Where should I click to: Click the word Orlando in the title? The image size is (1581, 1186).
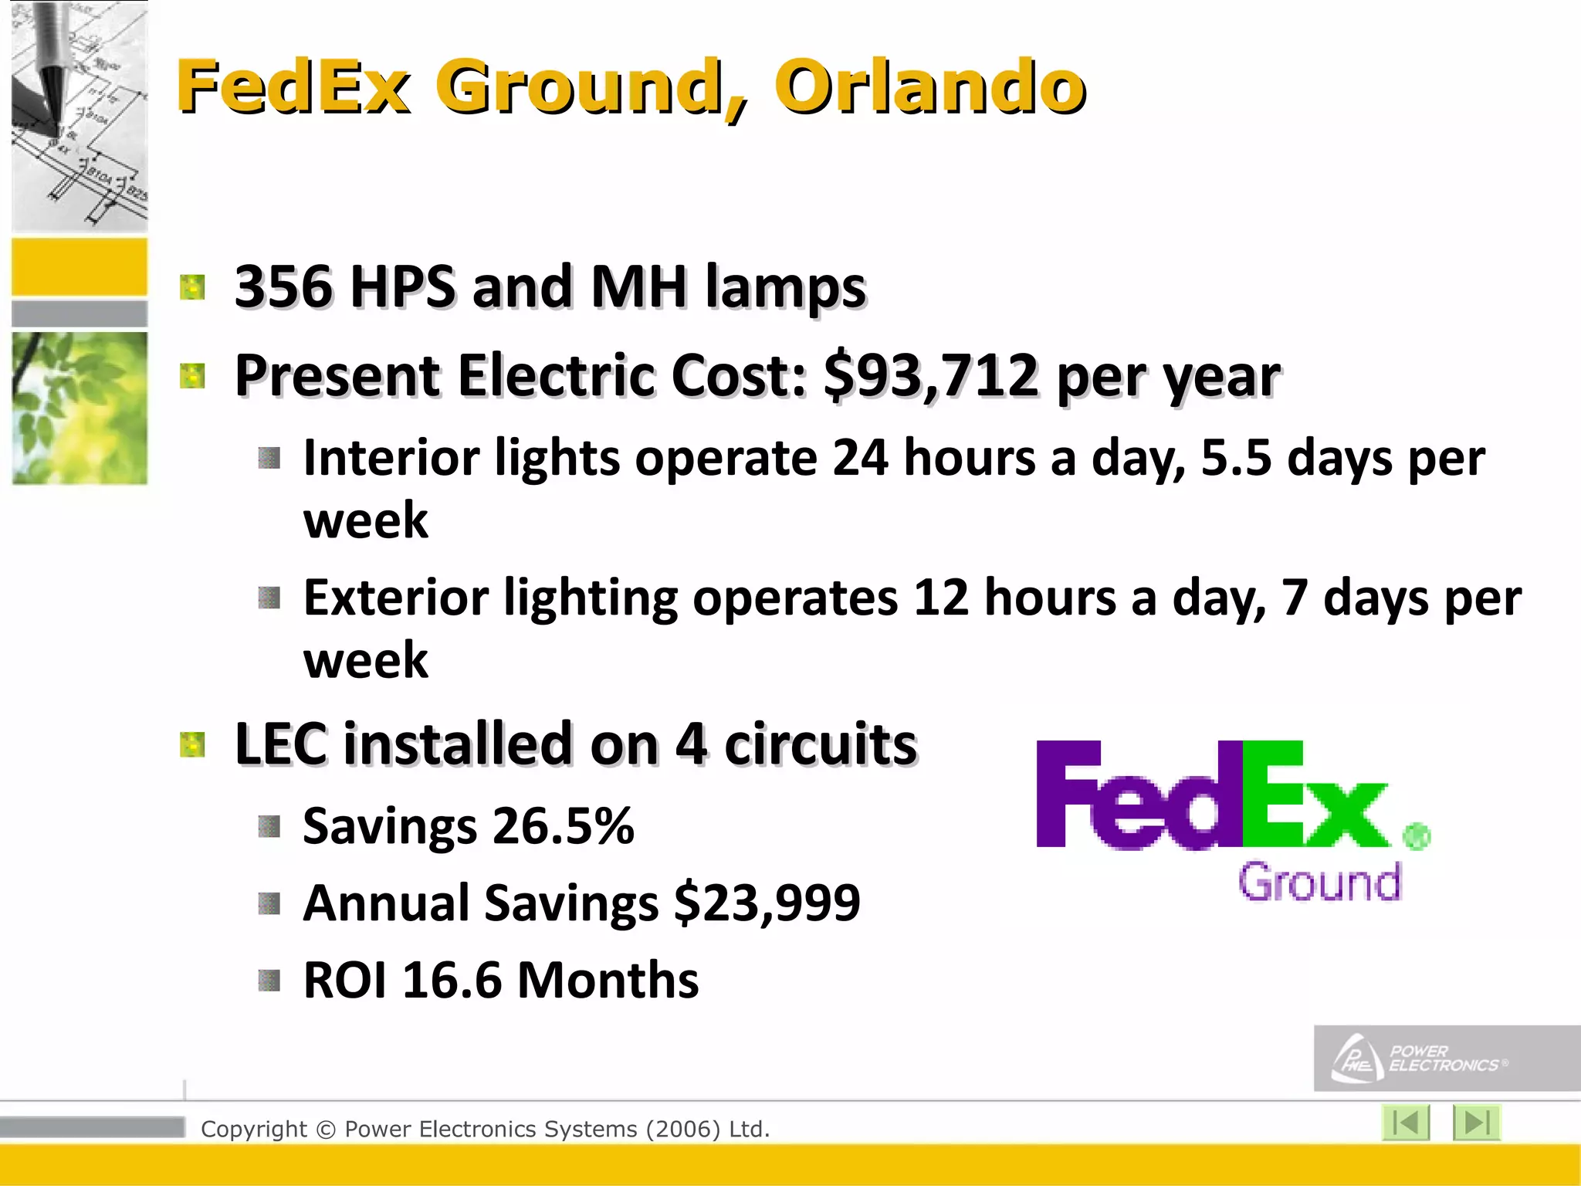coord(930,86)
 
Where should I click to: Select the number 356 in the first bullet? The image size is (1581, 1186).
coord(283,287)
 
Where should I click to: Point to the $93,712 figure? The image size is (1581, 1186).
coord(930,376)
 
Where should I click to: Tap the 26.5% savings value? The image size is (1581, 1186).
coord(563,826)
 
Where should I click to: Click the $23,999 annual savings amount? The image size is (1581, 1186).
coord(767,903)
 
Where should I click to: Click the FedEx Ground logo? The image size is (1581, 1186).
coord(1232,818)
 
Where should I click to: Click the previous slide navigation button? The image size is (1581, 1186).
coord(1405,1123)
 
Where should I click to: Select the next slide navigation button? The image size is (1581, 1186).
coord(1476,1123)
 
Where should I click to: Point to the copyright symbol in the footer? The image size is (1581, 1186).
coord(326,1130)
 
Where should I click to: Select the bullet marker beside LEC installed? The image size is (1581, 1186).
coord(192,745)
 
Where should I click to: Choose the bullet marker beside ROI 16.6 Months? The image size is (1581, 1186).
coord(269,981)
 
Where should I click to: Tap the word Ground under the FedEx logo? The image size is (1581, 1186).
coord(1319,883)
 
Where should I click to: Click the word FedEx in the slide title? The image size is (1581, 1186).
coord(293,86)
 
